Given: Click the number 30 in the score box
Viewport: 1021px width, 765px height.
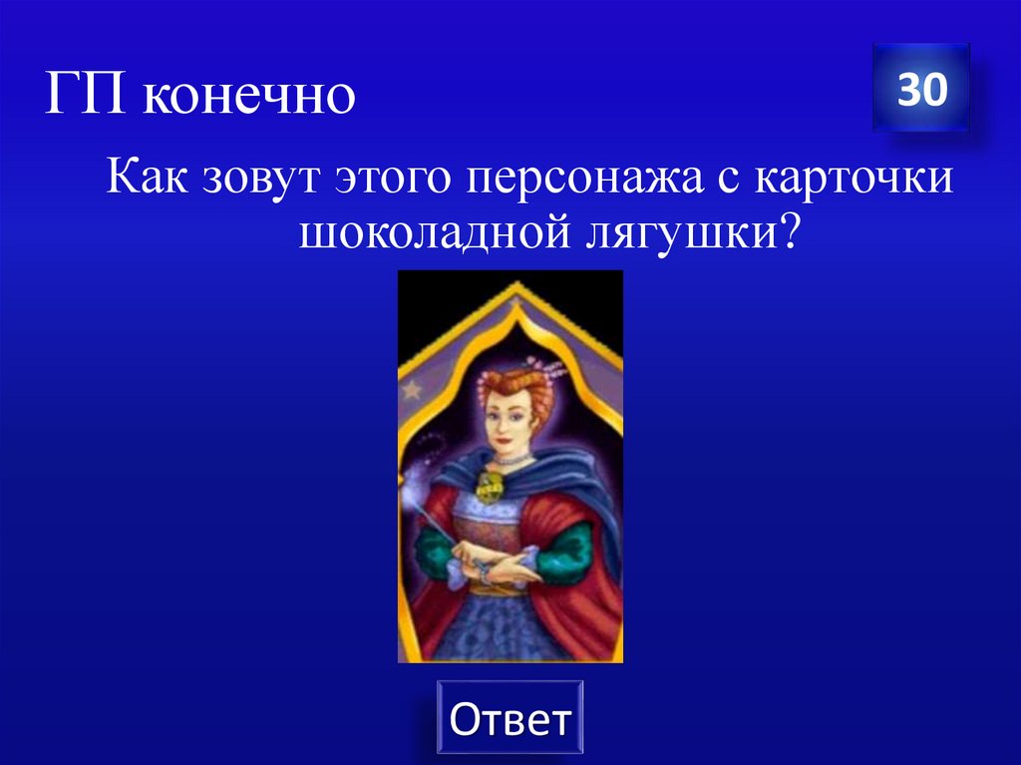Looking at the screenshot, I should click(921, 90).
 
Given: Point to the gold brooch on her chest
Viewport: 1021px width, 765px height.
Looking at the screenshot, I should click(492, 487).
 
